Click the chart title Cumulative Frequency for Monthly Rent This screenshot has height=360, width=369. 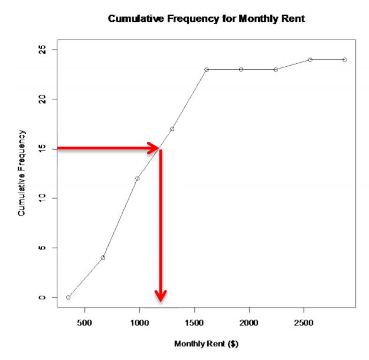206,19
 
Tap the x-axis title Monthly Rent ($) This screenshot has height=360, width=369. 206,343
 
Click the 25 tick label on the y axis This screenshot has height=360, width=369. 42,50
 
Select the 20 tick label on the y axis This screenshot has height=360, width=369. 42,99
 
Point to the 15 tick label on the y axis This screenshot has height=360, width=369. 42,148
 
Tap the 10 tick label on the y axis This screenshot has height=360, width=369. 42,198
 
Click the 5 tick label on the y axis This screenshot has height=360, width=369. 42,248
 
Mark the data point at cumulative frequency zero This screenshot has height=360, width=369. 68,297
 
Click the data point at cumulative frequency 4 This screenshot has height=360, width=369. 103,258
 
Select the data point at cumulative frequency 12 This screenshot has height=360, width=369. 138,179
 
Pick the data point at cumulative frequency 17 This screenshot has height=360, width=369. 172,129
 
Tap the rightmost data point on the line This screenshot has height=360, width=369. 345,60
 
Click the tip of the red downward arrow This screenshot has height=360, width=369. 161,299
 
